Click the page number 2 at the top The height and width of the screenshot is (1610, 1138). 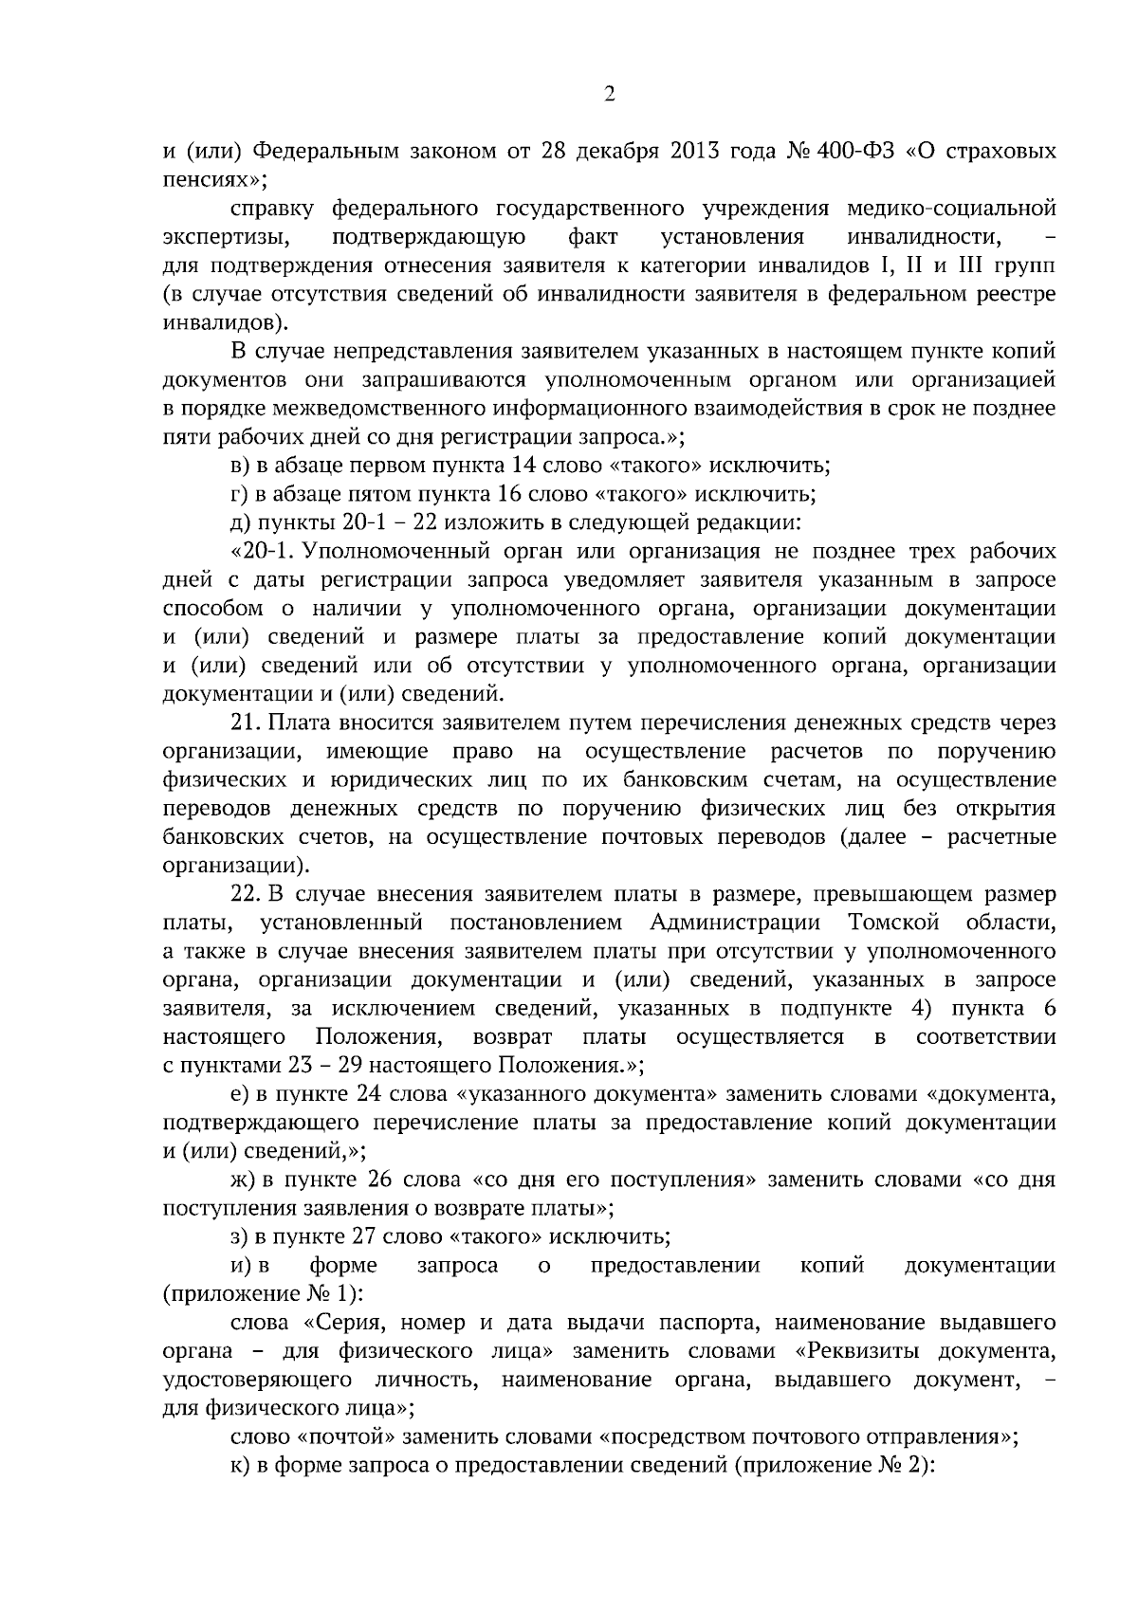coord(610,94)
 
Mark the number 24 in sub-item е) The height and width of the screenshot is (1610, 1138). coord(370,1094)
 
